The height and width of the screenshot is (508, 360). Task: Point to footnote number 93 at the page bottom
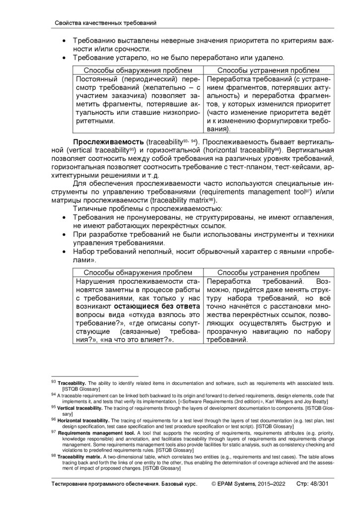(54, 382)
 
